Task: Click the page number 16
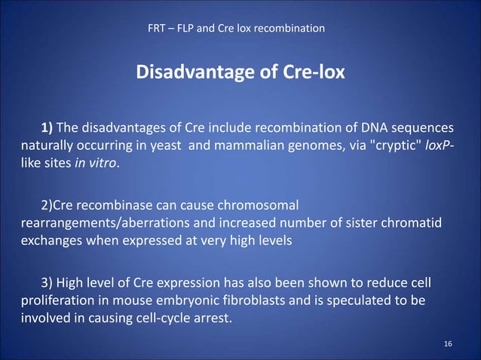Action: pyautogui.click(x=448, y=343)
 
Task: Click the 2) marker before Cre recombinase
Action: pyautogui.click(x=46, y=204)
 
